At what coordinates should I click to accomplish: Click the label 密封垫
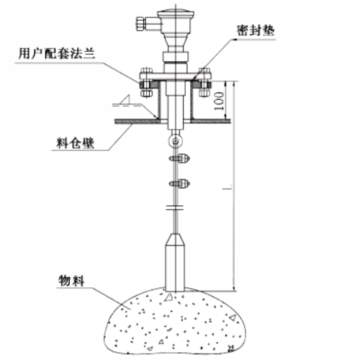click(x=256, y=30)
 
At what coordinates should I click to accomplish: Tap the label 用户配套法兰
click(x=57, y=53)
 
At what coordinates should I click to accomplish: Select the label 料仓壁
click(x=76, y=143)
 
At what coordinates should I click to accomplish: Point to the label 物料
click(x=71, y=280)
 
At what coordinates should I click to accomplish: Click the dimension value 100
click(x=219, y=101)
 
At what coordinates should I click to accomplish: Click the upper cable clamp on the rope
click(x=179, y=158)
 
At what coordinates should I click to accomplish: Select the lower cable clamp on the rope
click(x=179, y=184)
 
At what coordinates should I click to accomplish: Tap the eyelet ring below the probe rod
click(x=176, y=141)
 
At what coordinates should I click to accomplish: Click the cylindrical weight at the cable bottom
click(x=175, y=263)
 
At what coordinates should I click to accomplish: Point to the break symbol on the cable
click(x=175, y=207)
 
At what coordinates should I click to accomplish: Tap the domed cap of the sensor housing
click(x=176, y=12)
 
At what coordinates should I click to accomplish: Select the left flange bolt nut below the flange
click(x=146, y=93)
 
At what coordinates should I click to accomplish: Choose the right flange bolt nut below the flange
click(x=204, y=93)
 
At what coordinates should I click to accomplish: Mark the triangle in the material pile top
click(x=168, y=297)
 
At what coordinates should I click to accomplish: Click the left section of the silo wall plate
click(x=136, y=122)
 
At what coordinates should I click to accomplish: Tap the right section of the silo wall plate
click(x=211, y=122)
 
